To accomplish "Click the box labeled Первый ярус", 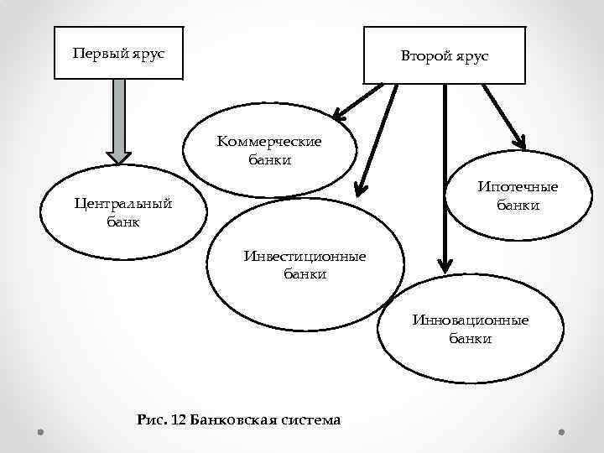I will click(x=118, y=53).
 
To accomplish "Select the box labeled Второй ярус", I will click(x=443, y=55).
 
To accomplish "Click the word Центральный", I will click(x=122, y=204).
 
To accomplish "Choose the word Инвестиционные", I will click(x=305, y=255).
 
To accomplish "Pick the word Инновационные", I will click(x=470, y=320).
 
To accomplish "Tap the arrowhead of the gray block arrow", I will click(x=119, y=156).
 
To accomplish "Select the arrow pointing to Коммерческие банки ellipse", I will click(x=357, y=100).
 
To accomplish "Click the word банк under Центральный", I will click(x=123, y=222).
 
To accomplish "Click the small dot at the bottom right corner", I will click(x=561, y=432).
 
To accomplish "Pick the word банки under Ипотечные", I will click(x=518, y=205).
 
